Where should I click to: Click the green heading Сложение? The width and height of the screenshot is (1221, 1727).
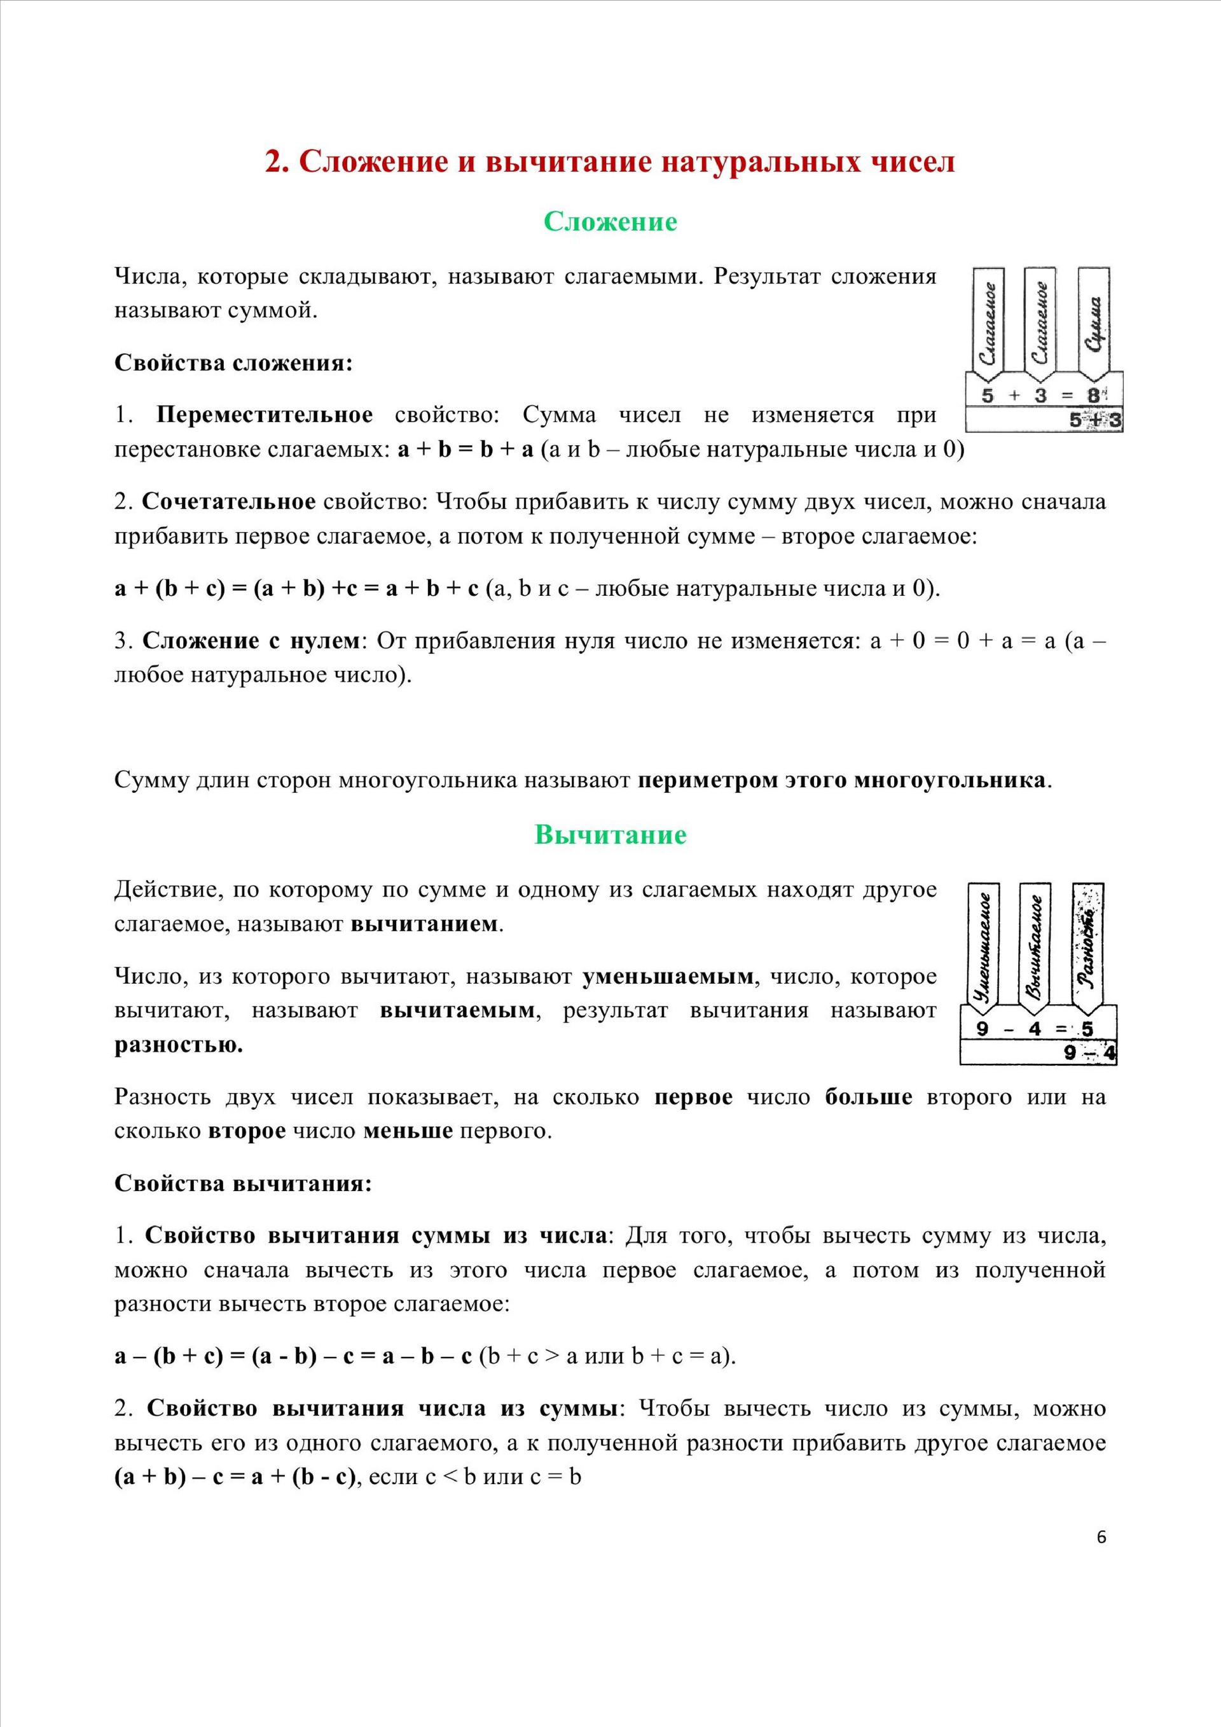pos(610,222)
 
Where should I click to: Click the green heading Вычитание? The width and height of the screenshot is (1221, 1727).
pos(610,835)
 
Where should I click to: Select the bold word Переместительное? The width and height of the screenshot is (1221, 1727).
pos(264,415)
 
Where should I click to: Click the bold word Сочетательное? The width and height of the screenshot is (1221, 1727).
pos(229,502)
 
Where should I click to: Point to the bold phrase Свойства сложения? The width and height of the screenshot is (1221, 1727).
pos(233,363)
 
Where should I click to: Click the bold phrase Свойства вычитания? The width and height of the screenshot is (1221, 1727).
pos(243,1183)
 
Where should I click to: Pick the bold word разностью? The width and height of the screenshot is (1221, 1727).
pos(178,1045)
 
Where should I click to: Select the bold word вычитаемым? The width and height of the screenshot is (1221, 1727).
pos(457,1010)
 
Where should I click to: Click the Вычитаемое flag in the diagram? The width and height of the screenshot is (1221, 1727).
pos(1036,944)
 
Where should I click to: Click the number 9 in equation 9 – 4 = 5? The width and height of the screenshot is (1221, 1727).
pos(982,1028)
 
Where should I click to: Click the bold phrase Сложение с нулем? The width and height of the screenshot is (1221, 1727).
pos(251,641)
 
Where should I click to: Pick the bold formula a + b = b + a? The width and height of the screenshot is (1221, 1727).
pos(465,450)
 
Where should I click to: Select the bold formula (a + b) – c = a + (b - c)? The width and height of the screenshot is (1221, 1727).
pos(234,1476)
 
